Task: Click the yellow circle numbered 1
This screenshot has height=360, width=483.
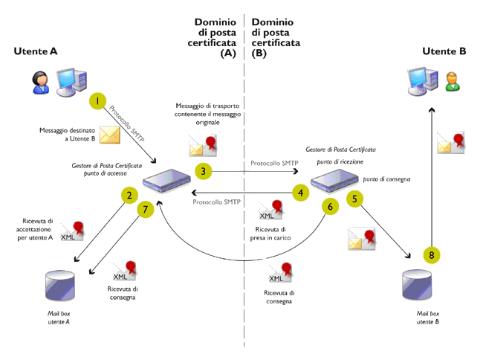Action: pyautogui.click(x=97, y=101)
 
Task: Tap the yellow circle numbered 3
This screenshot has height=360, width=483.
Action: pyautogui.click(x=204, y=171)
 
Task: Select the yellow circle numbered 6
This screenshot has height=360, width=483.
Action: pyautogui.click(x=330, y=207)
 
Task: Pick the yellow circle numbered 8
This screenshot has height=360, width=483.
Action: pyautogui.click(x=432, y=255)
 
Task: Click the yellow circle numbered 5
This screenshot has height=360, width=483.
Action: pyautogui.click(x=354, y=199)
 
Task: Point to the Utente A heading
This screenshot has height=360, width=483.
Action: pyautogui.click(x=36, y=51)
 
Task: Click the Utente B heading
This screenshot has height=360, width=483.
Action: pyautogui.click(x=444, y=51)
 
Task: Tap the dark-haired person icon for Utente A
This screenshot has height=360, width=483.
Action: pyautogui.click(x=40, y=83)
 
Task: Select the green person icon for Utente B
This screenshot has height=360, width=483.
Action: pyautogui.click(x=453, y=81)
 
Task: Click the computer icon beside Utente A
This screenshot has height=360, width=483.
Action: pyautogui.click(x=71, y=82)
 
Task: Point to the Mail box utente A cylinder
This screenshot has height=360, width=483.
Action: pyautogui.click(x=60, y=286)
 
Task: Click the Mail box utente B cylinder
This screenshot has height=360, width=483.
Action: pyautogui.click(x=417, y=285)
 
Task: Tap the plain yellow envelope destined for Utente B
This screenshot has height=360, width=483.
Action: pyautogui.click(x=110, y=135)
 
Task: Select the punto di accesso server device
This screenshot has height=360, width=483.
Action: pyautogui.click(x=166, y=180)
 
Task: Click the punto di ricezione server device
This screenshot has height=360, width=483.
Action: pyautogui.click(x=334, y=180)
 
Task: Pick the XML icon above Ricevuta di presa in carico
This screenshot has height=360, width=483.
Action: pyautogui.click(x=270, y=210)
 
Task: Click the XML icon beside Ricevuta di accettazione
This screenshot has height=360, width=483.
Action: pyautogui.click(x=72, y=231)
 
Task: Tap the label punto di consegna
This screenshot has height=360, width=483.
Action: pyautogui.click(x=386, y=179)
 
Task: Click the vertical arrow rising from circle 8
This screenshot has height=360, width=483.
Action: pyautogui.click(x=432, y=176)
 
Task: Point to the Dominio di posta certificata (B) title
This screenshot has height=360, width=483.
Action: pyautogui.click(x=276, y=38)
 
